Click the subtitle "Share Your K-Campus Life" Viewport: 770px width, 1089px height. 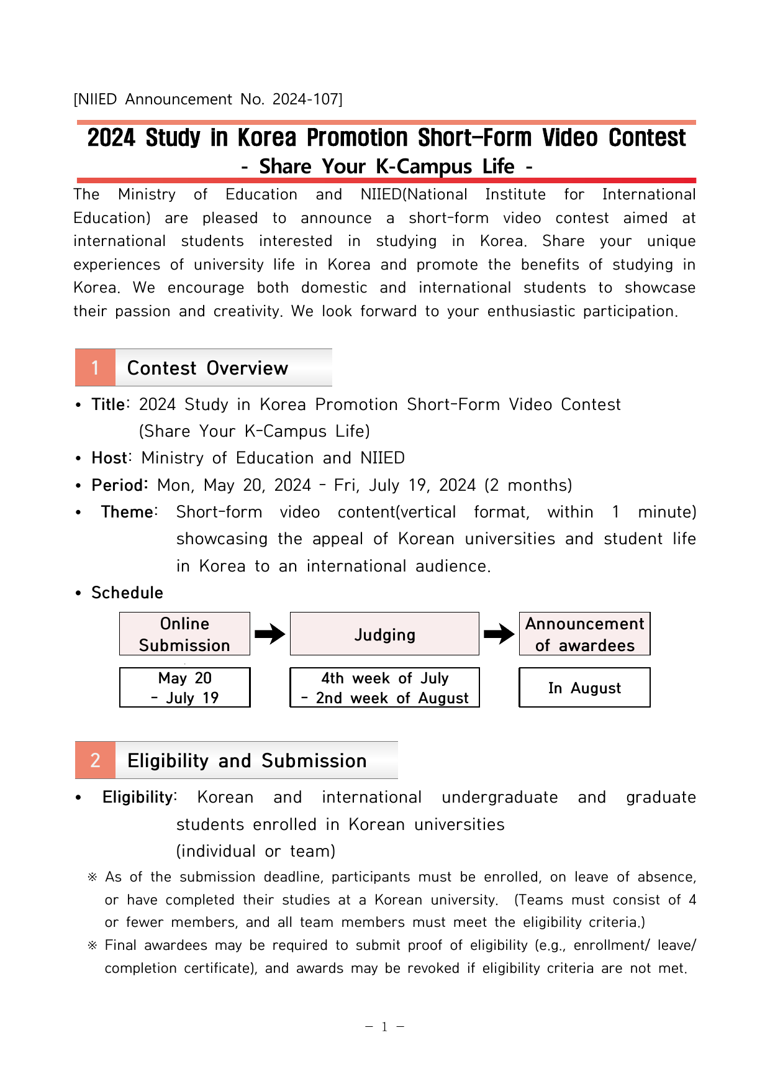pyautogui.click(x=386, y=166)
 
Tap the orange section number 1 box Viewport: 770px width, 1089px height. pyautogui.click(x=95, y=368)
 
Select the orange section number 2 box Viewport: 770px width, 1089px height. pyautogui.click(x=95, y=760)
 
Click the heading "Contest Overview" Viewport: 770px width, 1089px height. pyautogui.click(x=207, y=368)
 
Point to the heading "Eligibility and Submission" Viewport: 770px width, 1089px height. pyautogui.click(x=247, y=760)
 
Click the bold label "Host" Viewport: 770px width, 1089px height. pyautogui.click(x=109, y=458)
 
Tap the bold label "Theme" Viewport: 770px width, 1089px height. pyautogui.click(x=127, y=512)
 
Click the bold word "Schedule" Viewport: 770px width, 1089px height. pyautogui.click(x=127, y=593)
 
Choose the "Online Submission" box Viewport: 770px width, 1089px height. pyautogui.click(x=184, y=634)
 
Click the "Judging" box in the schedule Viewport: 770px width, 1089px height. pyautogui.click(x=384, y=634)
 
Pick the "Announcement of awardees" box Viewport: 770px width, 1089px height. pyautogui.click(x=584, y=634)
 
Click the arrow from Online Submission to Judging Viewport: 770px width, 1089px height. pyautogui.click(x=269, y=634)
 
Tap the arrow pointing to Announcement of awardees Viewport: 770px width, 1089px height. pyautogui.click(x=499, y=634)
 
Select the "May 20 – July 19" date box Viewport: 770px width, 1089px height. pyautogui.click(x=184, y=688)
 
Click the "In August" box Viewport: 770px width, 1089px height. pyautogui.click(x=584, y=688)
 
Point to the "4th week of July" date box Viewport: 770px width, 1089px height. pyautogui.click(x=384, y=688)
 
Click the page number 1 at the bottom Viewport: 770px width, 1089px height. pyautogui.click(x=384, y=1027)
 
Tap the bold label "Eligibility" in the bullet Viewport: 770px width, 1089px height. pyautogui.click(x=138, y=797)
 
